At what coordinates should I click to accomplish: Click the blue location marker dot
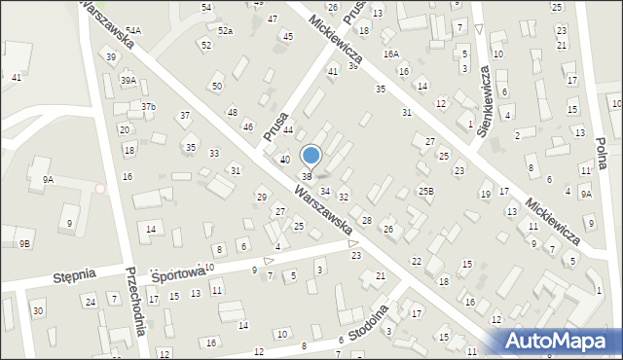(x=311, y=155)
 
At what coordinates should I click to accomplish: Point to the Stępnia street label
(x=74, y=275)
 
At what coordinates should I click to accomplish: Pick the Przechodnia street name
(x=135, y=301)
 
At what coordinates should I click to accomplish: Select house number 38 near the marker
(x=306, y=176)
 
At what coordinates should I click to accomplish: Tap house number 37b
(x=148, y=106)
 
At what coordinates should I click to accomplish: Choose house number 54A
(x=132, y=31)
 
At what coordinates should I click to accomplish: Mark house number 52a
(x=225, y=31)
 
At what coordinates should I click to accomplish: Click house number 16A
(x=390, y=54)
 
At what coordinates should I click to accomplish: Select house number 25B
(x=425, y=191)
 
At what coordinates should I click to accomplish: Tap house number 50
(x=217, y=87)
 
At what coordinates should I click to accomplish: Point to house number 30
(x=37, y=311)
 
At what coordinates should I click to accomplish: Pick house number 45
(x=287, y=36)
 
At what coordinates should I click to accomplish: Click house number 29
(x=261, y=198)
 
